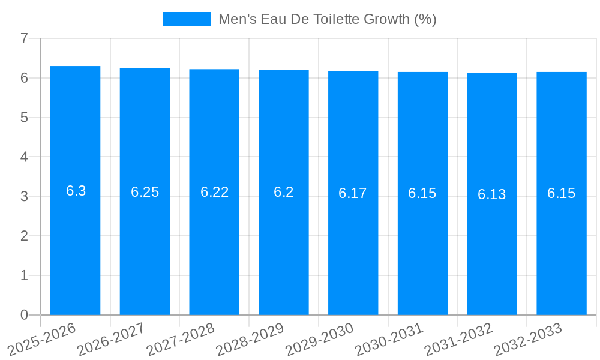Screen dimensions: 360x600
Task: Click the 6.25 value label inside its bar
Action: coord(145,192)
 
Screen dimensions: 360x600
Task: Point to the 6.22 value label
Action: coord(214,192)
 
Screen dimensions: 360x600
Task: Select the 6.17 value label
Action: coord(353,193)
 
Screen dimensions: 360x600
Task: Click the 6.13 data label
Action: coord(492,194)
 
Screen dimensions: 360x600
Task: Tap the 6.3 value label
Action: coord(76,191)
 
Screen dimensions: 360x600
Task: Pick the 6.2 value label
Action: coord(284,192)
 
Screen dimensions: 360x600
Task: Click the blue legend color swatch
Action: coord(187,19)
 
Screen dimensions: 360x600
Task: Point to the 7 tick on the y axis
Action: coord(24,38)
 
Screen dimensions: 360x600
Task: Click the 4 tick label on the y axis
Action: coord(24,157)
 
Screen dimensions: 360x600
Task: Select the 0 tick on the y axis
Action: coord(24,315)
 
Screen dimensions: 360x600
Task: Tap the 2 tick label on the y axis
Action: coord(24,236)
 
